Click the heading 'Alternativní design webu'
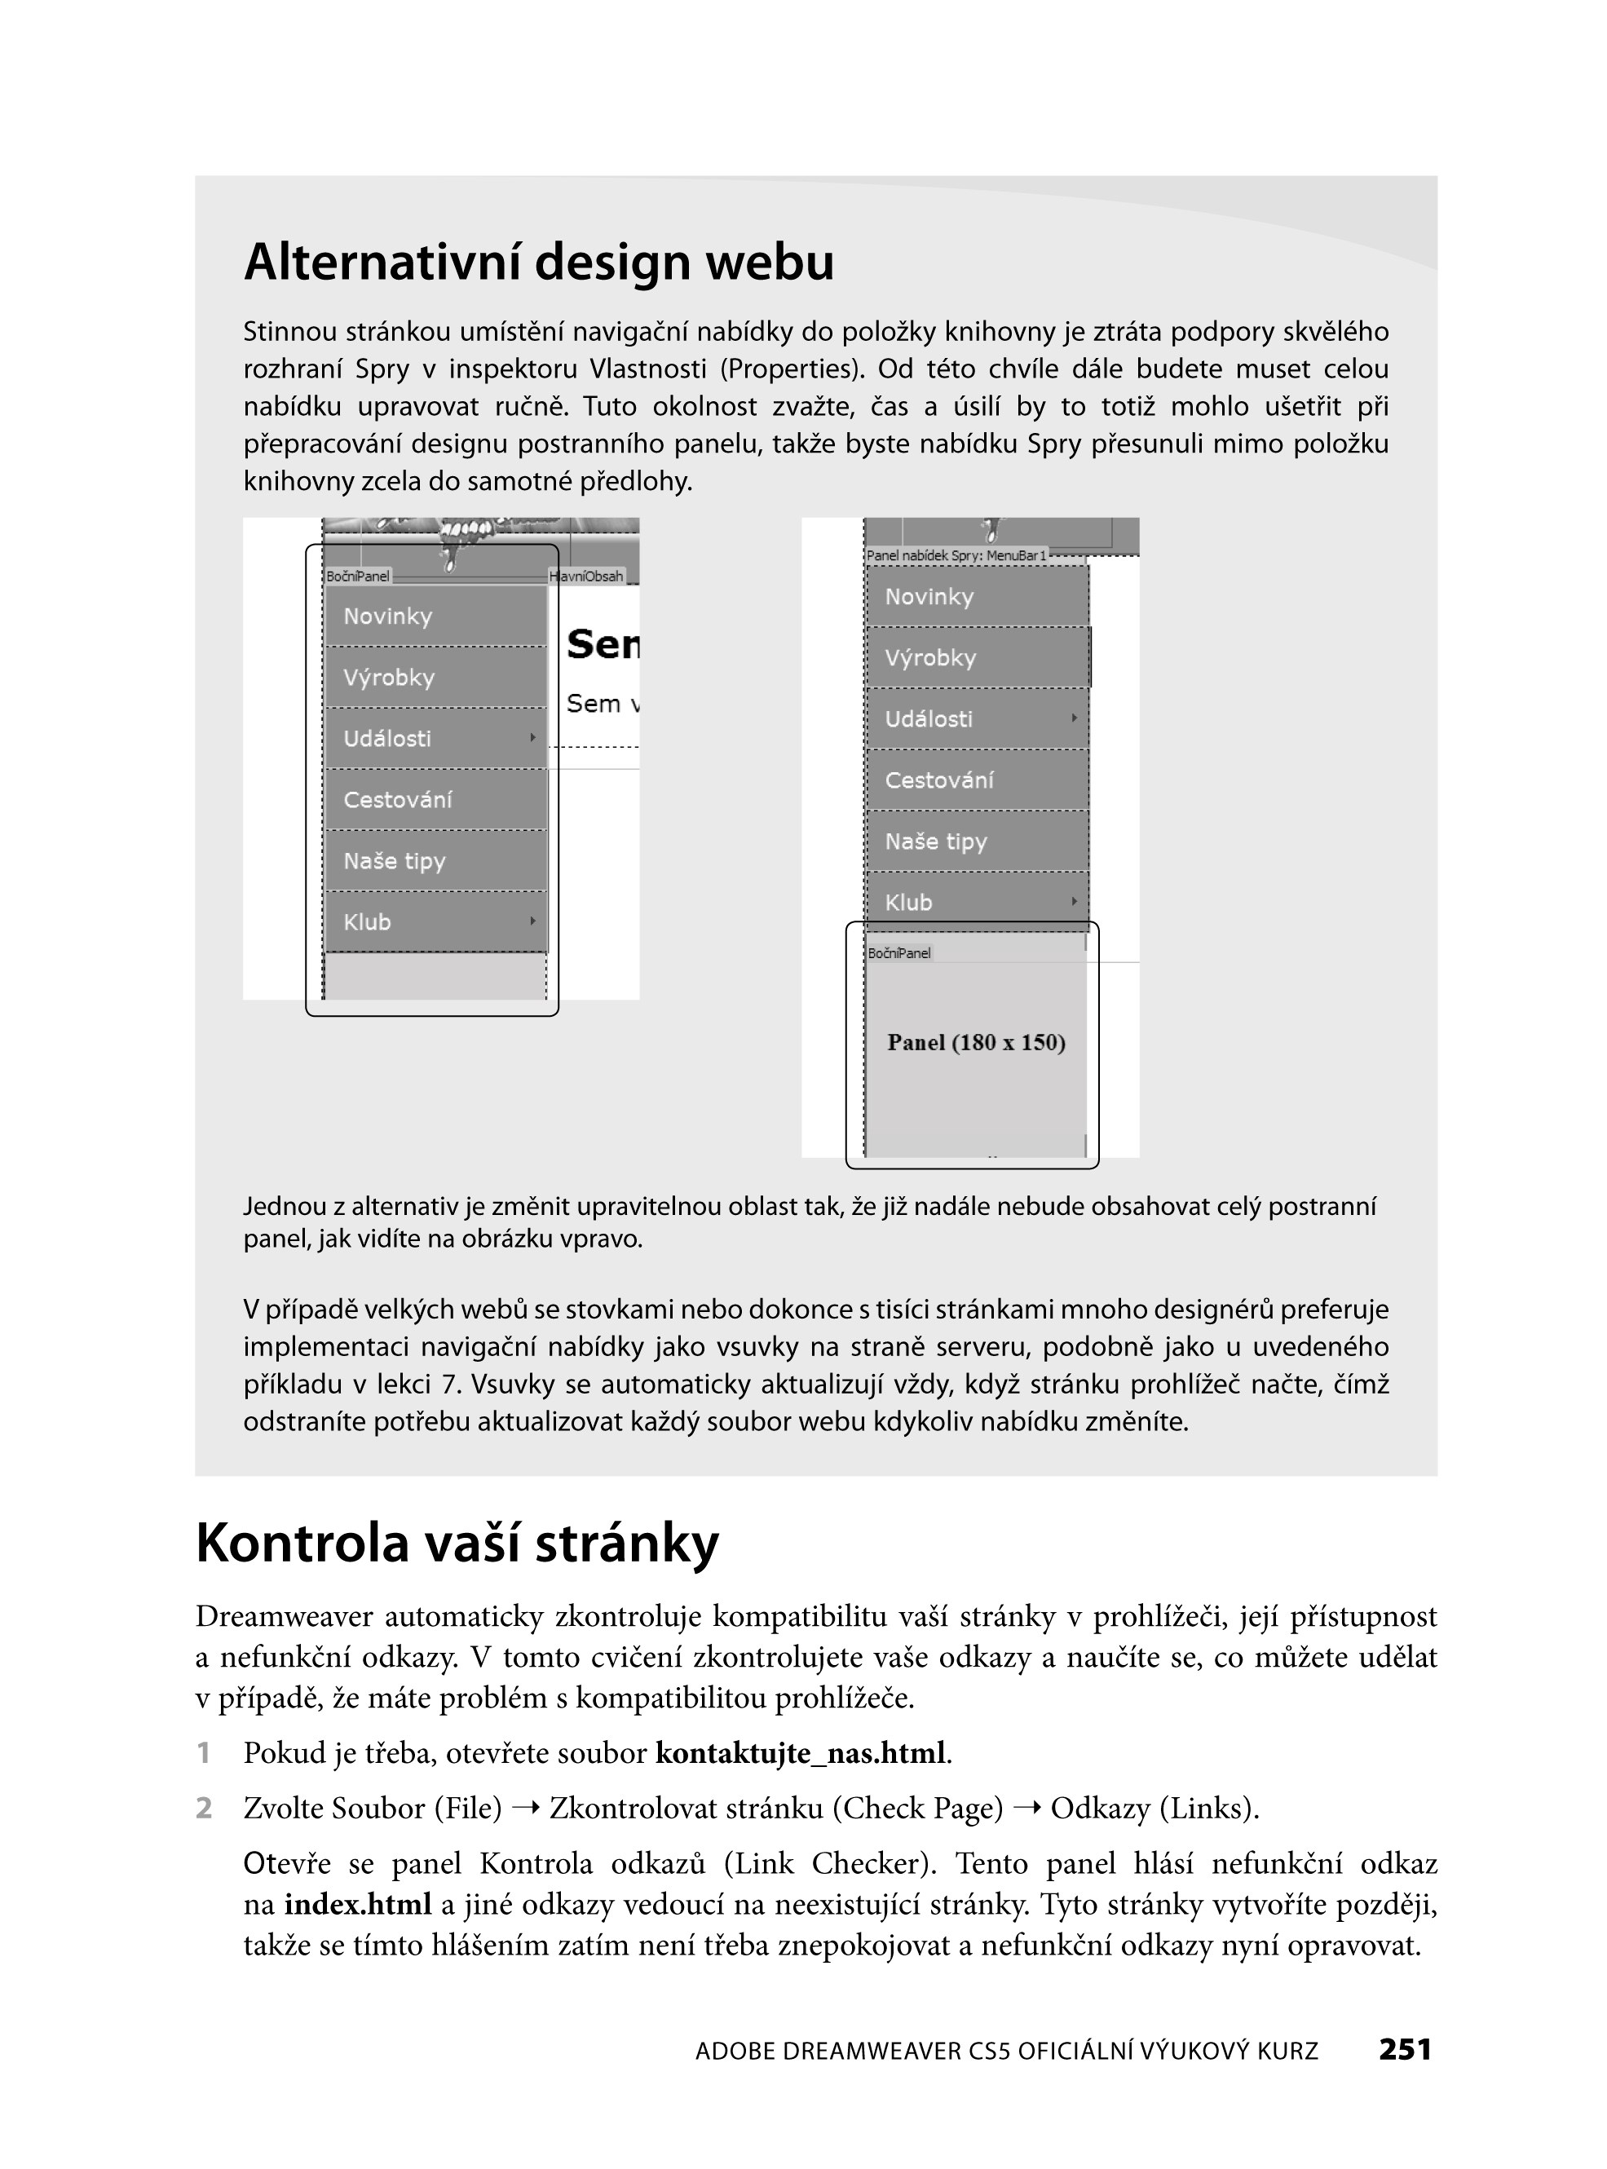pos(538,262)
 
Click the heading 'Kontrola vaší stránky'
pos(457,1543)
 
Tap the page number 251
pos(1405,2049)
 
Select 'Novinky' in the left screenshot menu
pos(387,616)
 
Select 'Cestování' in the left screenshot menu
pos(397,800)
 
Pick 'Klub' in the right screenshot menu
pos(908,903)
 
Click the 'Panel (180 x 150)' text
pos(976,1043)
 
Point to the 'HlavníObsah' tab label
pos(586,576)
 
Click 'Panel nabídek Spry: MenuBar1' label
pos(956,555)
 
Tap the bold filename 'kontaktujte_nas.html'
pos(800,1752)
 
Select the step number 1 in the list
pos(203,1752)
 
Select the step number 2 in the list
pos(203,1808)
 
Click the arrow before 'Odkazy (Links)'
pos(1026,1808)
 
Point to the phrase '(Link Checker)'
pos(830,1862)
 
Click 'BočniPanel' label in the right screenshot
pos(898,953)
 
